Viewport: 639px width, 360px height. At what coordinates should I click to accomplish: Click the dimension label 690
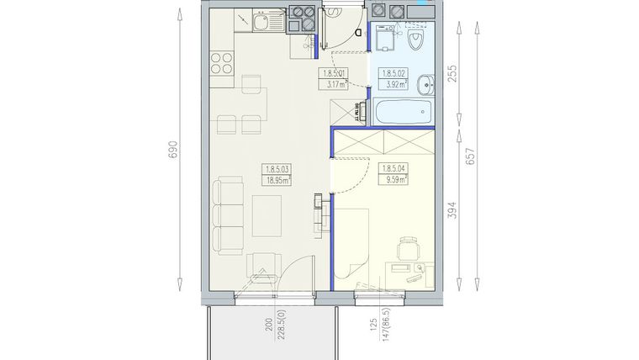173,150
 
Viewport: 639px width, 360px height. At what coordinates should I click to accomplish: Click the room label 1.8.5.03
277,168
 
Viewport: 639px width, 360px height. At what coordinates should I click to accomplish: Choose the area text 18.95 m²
277,179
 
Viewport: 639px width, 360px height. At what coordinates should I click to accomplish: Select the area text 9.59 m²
393,178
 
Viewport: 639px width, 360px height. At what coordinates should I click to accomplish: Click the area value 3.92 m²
393,83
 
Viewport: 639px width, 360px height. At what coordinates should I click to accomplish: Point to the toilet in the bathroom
417,40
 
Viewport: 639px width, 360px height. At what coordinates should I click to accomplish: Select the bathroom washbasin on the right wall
427,82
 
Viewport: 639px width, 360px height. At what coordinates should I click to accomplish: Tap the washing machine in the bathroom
385,40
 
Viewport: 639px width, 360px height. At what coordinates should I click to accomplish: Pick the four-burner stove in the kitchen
221,63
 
